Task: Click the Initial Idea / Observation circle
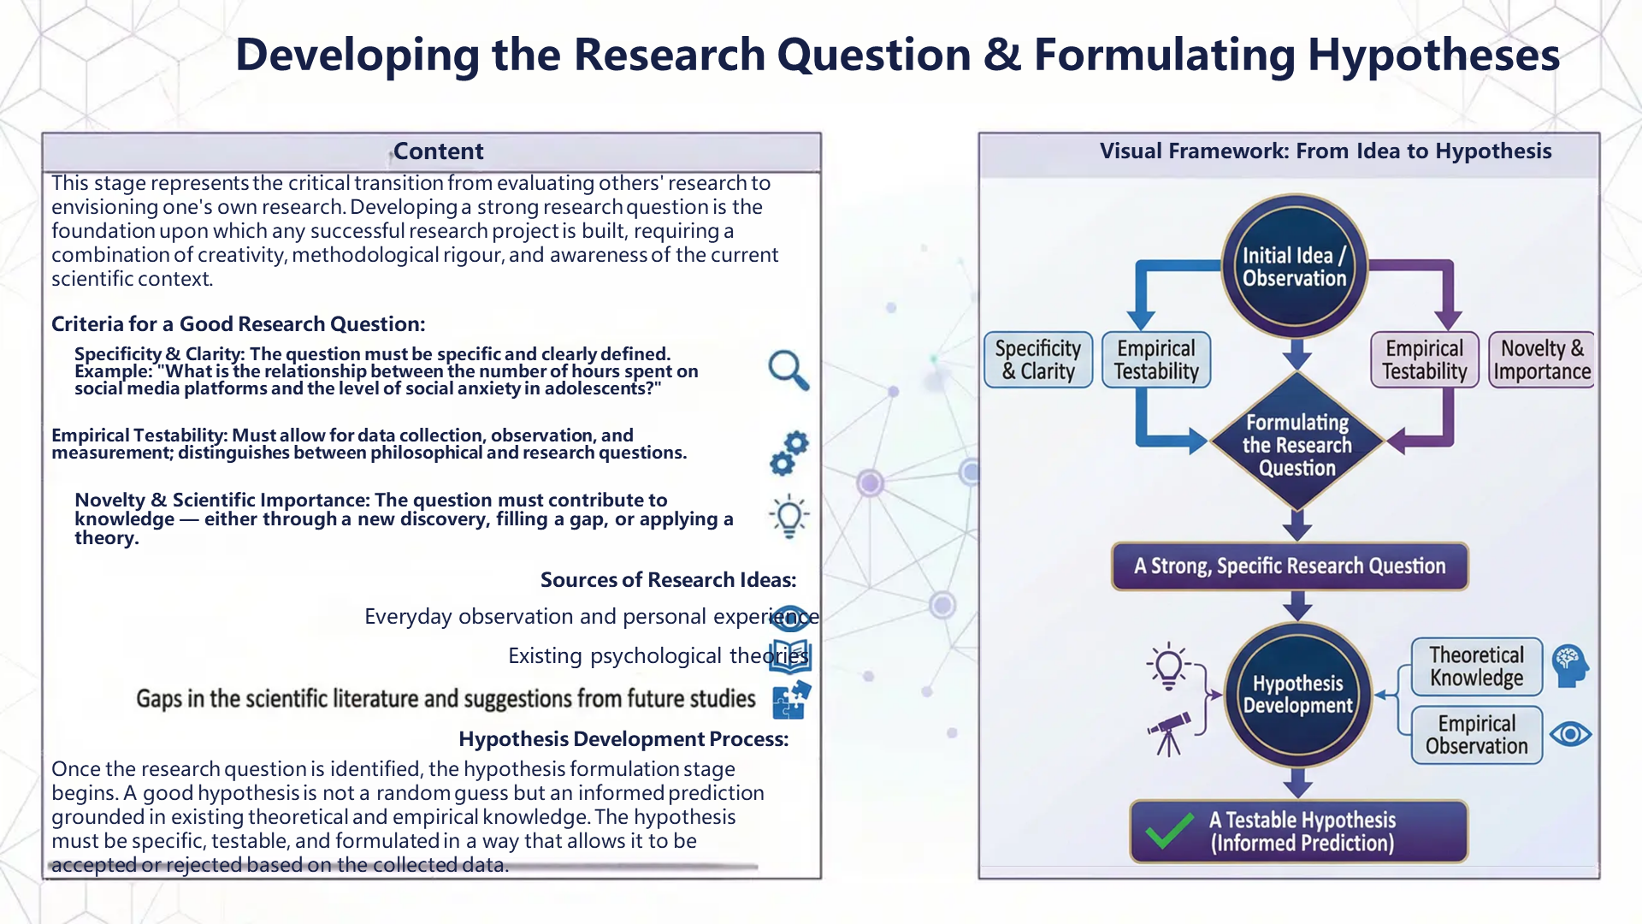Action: tap(1294, 266)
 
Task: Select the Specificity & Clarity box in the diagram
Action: tap(1037, 360)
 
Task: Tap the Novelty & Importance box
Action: tap(1541, 360)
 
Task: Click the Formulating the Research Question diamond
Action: tap(1296, 444)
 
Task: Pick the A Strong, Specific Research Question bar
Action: tap(1290, 566)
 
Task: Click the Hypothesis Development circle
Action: tap(1297, 694)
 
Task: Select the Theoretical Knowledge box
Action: tap(1476, 666)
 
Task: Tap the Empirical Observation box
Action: tap(1476, 735)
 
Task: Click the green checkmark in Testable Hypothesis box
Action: tap(1169, 831)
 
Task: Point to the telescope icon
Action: tap(1168, 734)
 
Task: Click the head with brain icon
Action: tap(1570, 666)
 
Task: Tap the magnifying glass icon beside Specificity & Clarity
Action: tap(788, 370)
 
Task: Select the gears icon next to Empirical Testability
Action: tap(789, 453)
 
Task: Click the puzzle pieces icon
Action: tap(791, 700)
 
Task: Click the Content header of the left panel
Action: tap(438, 151)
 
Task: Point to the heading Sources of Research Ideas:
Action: tap(668, 580)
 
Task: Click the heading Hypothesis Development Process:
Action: tap(623, 739)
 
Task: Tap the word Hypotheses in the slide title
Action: tap(1433, 55)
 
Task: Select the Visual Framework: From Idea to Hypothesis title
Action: tap(1325, 151)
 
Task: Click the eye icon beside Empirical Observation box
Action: tap(1570, 734)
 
